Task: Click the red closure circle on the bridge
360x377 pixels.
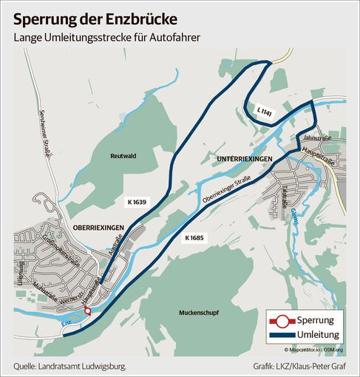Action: coord(89,312)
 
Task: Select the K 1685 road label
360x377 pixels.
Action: coord(195,237)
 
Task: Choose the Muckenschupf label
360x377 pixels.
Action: coord(195,313)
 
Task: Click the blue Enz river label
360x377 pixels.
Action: coord(66,324)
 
